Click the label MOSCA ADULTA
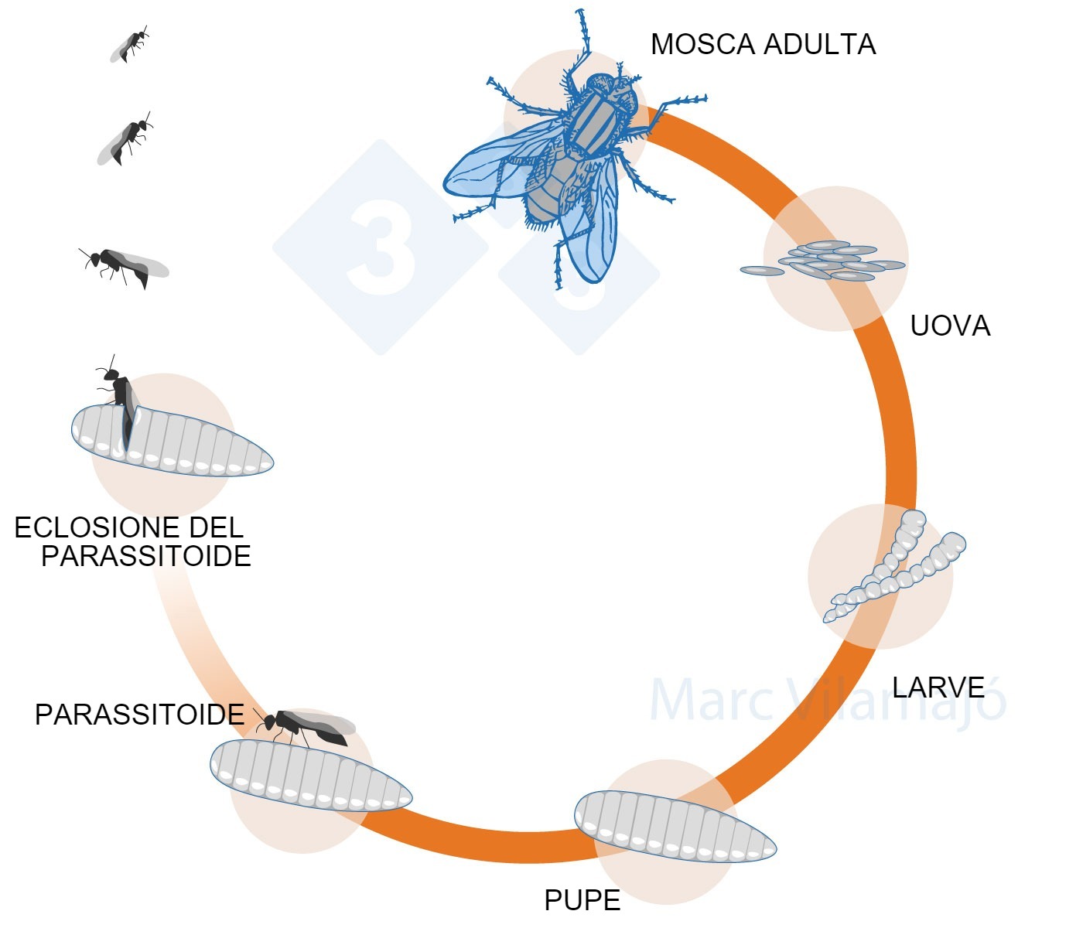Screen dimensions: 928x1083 pyautogui.click(x=763, y=45)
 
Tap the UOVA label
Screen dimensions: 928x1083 pyautogui.click(x=950, y=326)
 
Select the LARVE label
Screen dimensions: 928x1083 pyautogui.click(x=938, y=687)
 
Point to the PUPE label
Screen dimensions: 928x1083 pyautogui.click(x=582, y=900)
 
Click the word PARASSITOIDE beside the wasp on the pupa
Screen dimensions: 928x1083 pyautogui.click(x=139, y=715)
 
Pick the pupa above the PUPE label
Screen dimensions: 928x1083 pyautogui.click(x=675, y=826)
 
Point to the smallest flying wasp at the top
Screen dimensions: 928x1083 pyautogui.click(x=129, y=45)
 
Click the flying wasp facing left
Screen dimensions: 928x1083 pyautogui.click(x=124, y=265)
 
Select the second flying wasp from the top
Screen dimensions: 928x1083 pyautogui.click(x=125, y=139)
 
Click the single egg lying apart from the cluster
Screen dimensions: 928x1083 pyautogui.click(x=762, y=271)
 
